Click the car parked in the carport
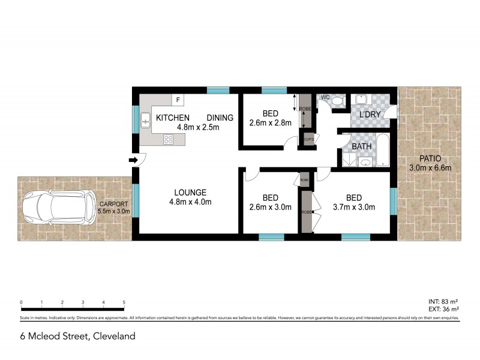pos(59,208)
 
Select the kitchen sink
pos(145,123)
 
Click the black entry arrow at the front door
pos(132,160)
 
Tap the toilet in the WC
pos(337,101)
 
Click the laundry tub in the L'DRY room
pos(362,100)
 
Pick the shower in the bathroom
pos(348,158)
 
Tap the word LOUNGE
pos(190,192)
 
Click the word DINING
pos(220,118)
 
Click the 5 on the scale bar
pos(124,302)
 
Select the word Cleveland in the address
pos(113,336)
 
